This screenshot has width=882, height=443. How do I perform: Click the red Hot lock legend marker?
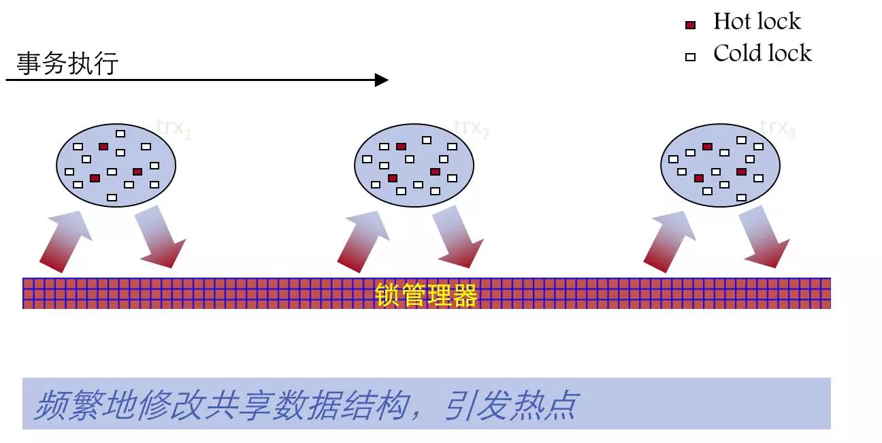point(690,25)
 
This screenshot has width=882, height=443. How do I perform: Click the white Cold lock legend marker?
point(690,57)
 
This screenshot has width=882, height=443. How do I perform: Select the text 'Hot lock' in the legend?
point(757,22)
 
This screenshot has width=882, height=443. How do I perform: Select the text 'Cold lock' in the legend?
point(762,53)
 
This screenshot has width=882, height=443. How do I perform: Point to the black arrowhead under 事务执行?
point(382,80)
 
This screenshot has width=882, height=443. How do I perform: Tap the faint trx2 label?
point(472,127)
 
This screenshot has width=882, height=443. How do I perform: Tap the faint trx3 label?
point(777,127)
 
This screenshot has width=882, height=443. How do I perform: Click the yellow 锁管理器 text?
point(426,295)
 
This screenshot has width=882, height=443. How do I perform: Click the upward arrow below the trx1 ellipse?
point(65,240)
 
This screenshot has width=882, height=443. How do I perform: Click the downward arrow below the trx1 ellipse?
point(161,239)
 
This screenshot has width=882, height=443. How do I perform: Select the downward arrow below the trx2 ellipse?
point(459,239)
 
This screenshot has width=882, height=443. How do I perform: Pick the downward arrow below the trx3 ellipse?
point(765,239)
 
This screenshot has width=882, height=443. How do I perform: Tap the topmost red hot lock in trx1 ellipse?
point(103,146)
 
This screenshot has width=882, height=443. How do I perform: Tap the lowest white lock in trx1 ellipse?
point(112,197)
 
